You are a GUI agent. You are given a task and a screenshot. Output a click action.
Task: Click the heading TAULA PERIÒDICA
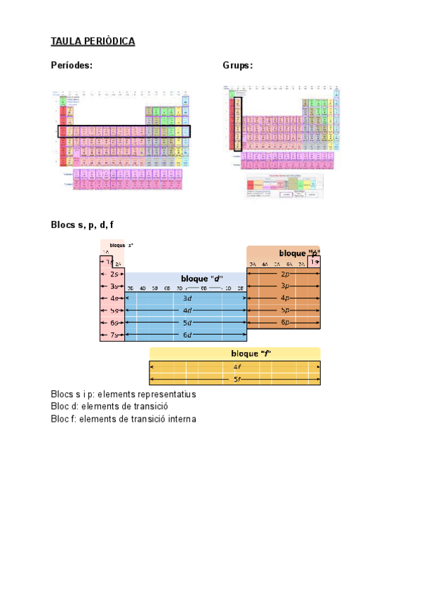pyautogui.click(x=93, y=41)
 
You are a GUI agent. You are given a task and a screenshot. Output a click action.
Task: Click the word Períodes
pyautogui.click(x=72, y=65)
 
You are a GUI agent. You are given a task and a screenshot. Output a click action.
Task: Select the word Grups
pyautogui.click(x=237, y=65)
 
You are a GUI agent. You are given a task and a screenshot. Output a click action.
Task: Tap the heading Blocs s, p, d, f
pyautogui.click(x=82, y=225)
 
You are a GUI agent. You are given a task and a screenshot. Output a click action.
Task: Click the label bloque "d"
pyautogui.click(x=201, y=278)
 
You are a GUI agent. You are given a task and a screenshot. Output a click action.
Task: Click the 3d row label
pyautogui.click(x=187, y=298)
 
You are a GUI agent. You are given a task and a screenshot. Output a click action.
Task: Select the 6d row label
pyautogui.click(x=187, y=335)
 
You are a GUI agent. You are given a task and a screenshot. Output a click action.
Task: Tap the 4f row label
pyautogui.click(x=237, y=366)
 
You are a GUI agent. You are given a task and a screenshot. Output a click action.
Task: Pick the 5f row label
pyautogui.click(x=237, y=380)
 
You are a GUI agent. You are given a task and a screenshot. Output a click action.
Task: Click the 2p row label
pyautogui.click(x=285, y=274)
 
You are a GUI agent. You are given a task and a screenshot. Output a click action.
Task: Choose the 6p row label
pyautogui.click(x=285, y=322)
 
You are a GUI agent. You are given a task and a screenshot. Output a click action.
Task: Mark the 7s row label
pyautogui.click(x=114, y=335)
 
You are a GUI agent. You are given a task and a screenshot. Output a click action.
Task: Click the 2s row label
pyautogui.click(x=114, y=274)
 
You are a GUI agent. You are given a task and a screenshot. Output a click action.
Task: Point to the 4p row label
pyautogui.click(x=285, y=298)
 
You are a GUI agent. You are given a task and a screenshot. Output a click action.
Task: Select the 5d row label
pyautogui.click(x=187, y=323)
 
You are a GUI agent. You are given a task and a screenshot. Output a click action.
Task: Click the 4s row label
pyautogui.click(x=114, y=298)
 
